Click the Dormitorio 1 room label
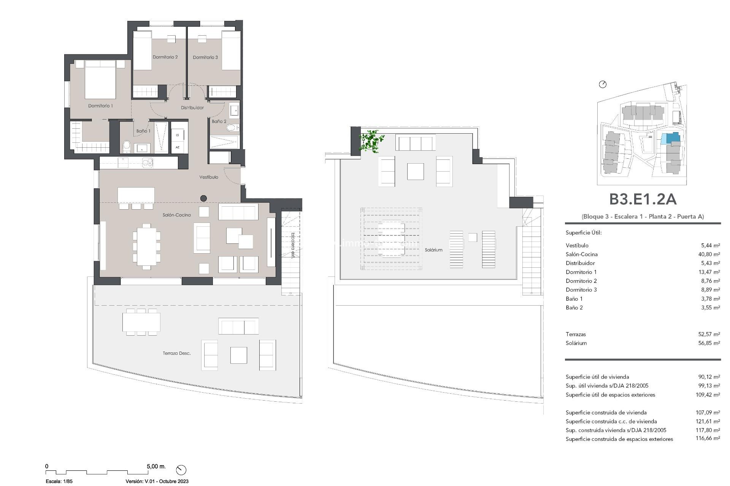100,106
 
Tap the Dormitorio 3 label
205,57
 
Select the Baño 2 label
219,121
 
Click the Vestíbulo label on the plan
209,177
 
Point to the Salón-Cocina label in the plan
177,215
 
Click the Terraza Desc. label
176,353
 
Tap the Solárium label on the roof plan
433,250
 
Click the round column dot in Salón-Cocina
203,198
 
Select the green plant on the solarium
371,141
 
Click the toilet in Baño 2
232,128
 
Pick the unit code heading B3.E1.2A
643,199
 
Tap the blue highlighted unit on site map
670,138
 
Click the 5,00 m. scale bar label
156,466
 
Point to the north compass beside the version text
181,470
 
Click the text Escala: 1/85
59,481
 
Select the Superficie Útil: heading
584,233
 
